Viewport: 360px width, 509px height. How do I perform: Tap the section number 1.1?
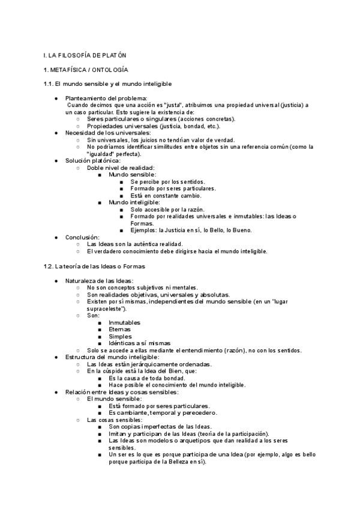coord(49,84)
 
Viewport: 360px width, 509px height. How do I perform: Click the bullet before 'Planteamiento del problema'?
coord(56,98)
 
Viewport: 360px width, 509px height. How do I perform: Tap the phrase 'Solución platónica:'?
coord(92,160)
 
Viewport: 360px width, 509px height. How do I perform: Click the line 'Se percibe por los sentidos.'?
coord(167,181)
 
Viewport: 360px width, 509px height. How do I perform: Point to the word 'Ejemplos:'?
coord(143,230)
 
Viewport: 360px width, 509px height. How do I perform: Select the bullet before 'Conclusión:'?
coord(56,237)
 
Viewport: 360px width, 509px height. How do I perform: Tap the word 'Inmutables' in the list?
coord(125,323)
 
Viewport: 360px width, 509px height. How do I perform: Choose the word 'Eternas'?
coord(120,330)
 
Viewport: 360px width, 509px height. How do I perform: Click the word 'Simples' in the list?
coord(121,337)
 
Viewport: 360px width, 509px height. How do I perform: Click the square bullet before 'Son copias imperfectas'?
coord(100,427)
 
